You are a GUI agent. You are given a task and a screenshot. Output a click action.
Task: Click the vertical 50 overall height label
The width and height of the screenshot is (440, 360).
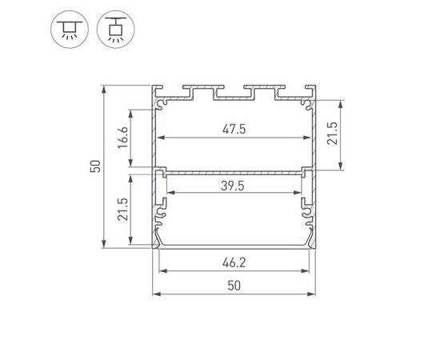[x=95, y=166]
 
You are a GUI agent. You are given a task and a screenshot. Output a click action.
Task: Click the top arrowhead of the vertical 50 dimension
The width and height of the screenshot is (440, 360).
[x=104, y=88]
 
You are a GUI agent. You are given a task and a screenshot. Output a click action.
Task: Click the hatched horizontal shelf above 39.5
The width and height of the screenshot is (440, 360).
[x=234, y=170]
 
